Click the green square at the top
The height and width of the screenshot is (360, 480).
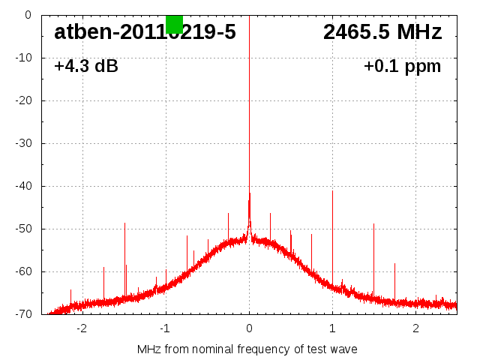tap(174, 24)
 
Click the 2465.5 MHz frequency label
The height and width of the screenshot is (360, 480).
tap(382, 32)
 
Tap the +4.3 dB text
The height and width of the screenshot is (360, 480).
tap(86, 66)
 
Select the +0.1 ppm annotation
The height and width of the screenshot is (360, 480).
tap(403, 66)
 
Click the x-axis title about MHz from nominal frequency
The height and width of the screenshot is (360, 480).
tap(247, 349)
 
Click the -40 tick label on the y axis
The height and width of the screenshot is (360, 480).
tap(23, 186)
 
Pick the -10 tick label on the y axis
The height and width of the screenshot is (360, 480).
tap(23, 58)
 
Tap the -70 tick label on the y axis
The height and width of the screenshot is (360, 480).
tap(23, 314)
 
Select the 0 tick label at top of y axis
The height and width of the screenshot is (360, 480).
tap(28, 15)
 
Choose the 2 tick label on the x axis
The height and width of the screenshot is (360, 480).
tap(415, 328)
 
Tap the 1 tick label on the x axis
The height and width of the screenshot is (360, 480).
tap(332, 328)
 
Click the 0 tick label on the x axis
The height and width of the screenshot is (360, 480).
tap(249, 328)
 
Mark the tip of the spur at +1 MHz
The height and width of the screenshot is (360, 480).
tap(332, 190)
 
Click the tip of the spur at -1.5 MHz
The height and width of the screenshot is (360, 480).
tap(124, 223)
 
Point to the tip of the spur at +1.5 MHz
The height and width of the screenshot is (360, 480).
tap(373, 223)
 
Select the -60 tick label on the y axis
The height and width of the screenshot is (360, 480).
tap(23, 271)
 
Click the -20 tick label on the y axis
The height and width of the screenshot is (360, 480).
tap(23, 100)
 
